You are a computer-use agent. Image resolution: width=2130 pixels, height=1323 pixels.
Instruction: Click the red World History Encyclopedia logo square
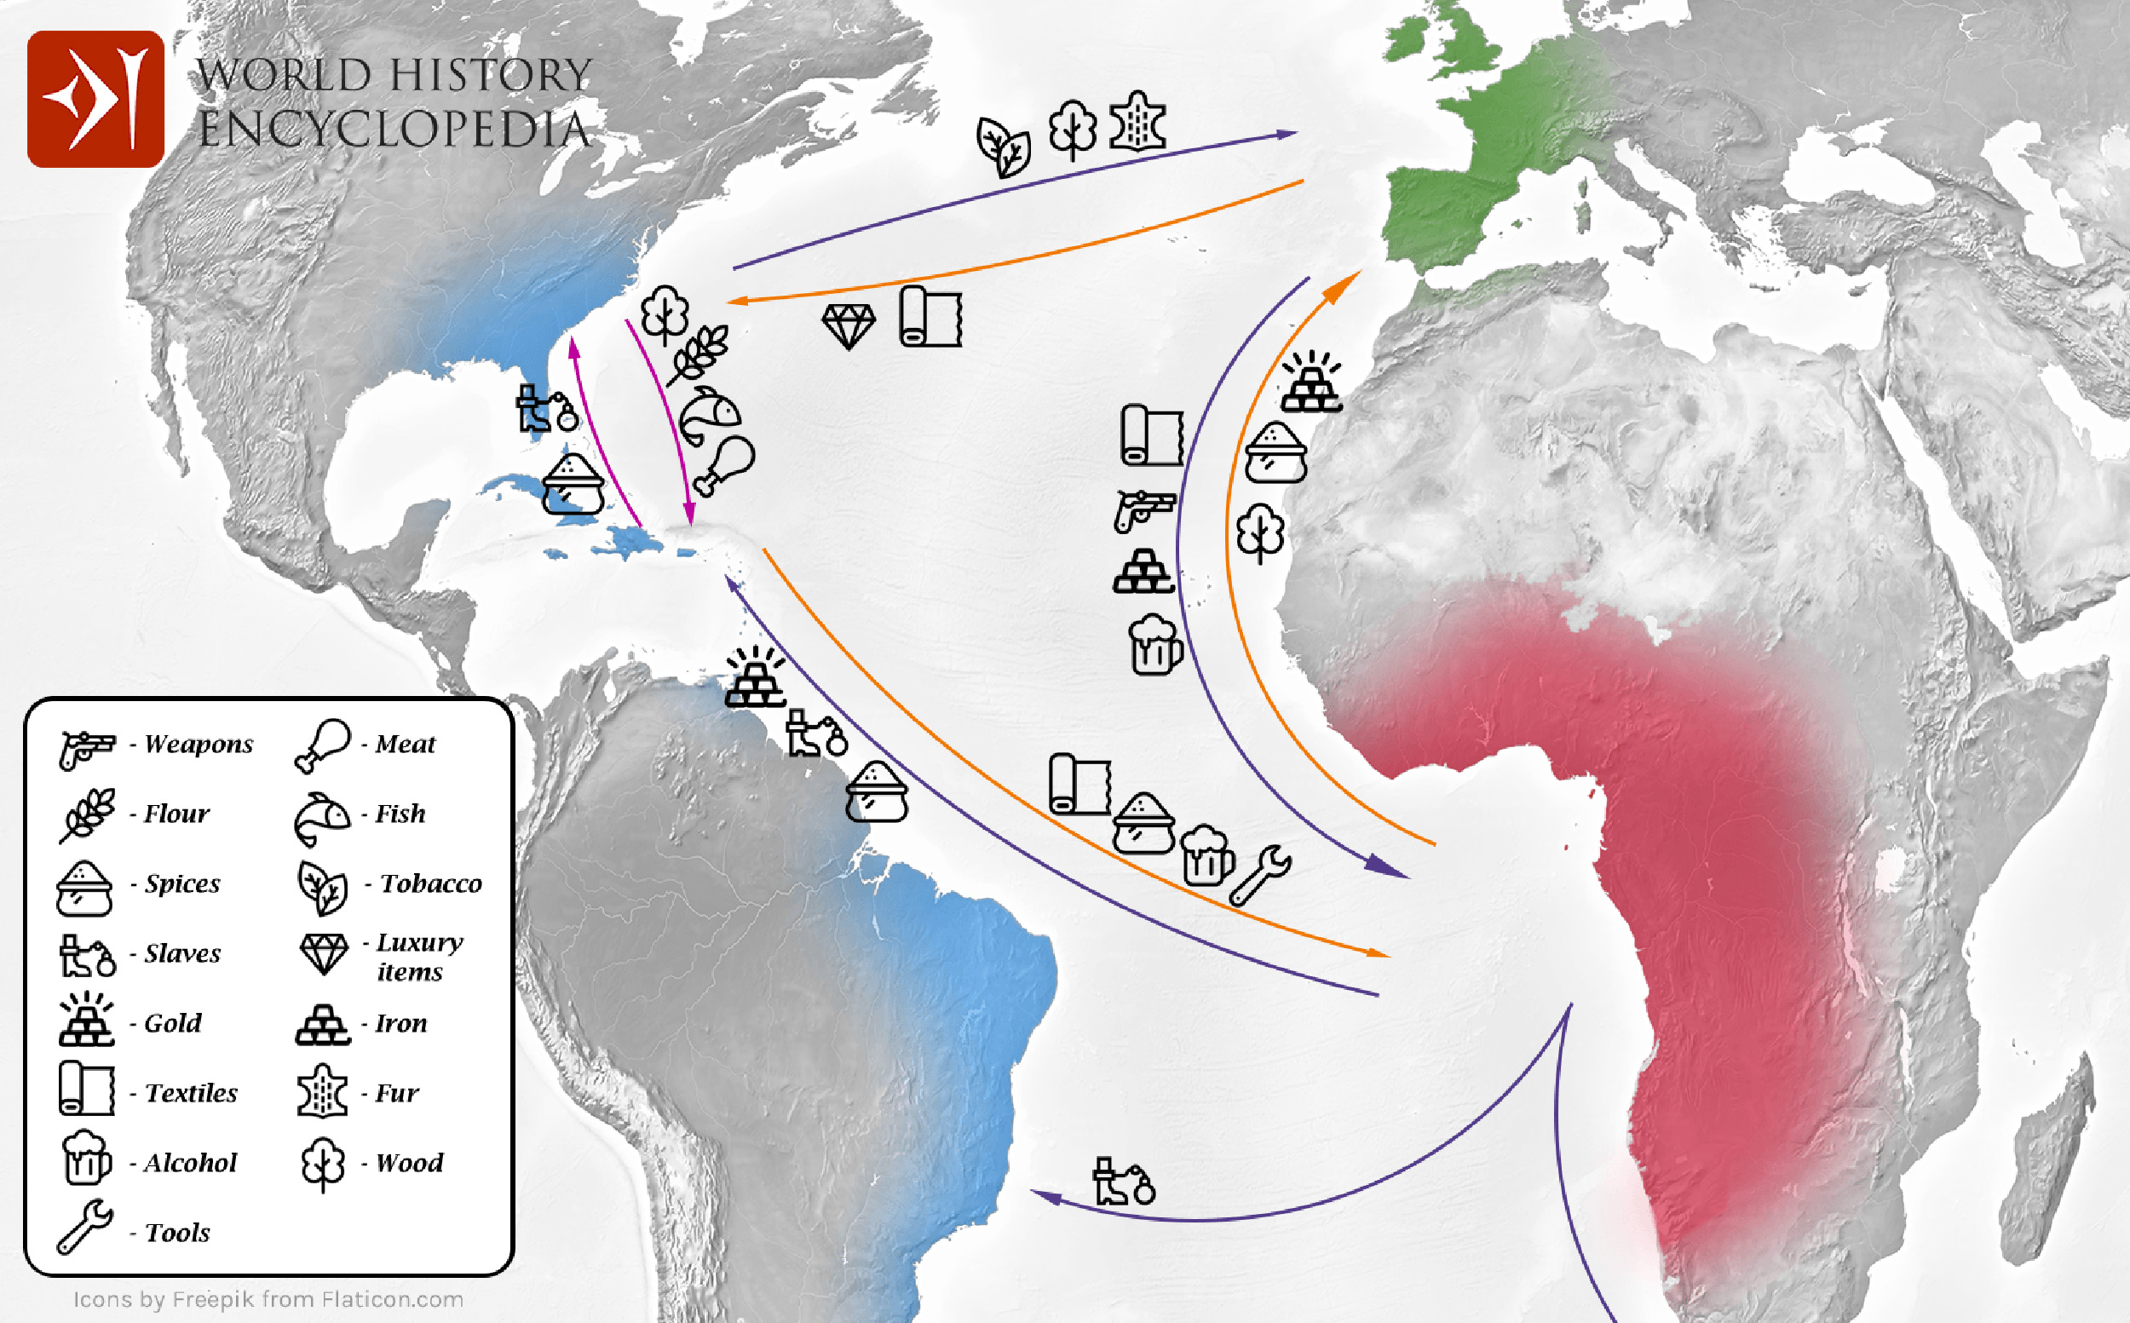[x=95, y=99]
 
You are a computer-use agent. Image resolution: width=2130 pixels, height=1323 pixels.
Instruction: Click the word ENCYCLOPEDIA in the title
[x=394, y=129]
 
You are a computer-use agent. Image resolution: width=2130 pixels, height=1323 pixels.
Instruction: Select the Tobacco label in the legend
[x=430, y=883]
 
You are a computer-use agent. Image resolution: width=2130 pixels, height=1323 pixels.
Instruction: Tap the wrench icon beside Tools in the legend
[x=84, y=1227]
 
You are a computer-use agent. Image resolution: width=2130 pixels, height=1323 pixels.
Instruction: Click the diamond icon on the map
[x=848, y=326]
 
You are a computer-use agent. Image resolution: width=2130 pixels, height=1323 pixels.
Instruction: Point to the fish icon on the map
[x=710, y=415]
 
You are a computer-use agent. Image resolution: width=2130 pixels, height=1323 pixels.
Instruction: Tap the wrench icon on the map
[x=1259, y=874]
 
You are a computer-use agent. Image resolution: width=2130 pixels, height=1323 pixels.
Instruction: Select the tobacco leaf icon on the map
[x=1003, y=147]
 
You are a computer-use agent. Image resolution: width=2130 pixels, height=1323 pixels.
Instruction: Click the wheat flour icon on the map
[x=698, y=354]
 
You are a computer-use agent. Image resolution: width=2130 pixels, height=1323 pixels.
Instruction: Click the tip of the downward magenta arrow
[x=690, y=521]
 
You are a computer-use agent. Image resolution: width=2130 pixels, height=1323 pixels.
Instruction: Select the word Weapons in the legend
[x=199, y=744]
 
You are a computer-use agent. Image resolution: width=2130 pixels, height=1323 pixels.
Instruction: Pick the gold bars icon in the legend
[x=86, y=1020]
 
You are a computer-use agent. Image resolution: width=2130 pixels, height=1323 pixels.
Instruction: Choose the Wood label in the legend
[x=409, y=1163]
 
